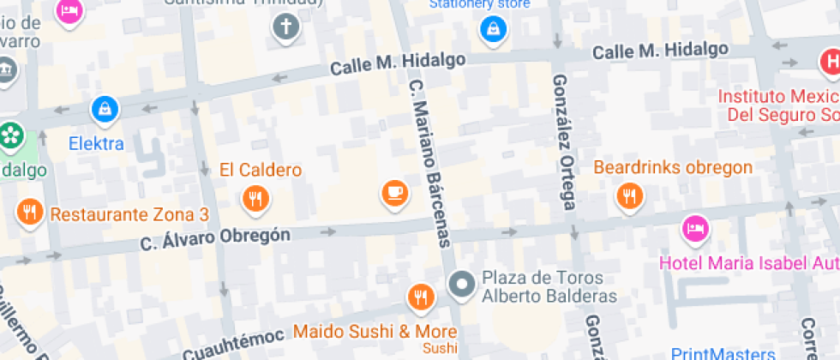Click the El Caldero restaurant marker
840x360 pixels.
pyautogui.click(x=255, y=199)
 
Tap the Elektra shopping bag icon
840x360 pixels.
pyautogui.click(x=105, y=109)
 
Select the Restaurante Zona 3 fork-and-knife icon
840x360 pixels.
pyautogui.click(x=30, y=211)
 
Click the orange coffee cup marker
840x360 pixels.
pyautogui.click(x=394, y=192)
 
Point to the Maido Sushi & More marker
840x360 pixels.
pyautogui.click(x=420, y=297)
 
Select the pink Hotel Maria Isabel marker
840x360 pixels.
pyautogui.click(x=695, y=228)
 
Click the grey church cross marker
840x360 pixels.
pyautogui.click(x=285, y=28)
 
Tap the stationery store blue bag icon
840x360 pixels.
pyautogui.click(x=493, y=30)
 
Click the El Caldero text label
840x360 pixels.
pyautogui.click(x=261, y=170)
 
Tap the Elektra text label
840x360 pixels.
pyautogui.click(x=96, y=143)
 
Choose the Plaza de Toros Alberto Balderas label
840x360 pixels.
pyautogui.click(x=549, y=287)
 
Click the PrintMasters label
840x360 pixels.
pyautogui.click(x=723, y=353)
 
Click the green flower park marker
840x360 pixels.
pyautogui.click(x=9, y=135)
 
